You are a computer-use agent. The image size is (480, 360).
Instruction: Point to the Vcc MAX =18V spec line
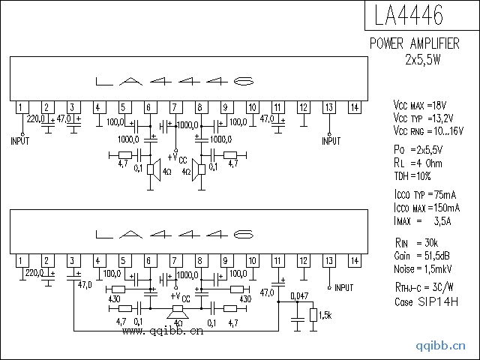point(420,103)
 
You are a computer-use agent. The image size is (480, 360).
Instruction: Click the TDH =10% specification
point(412,175)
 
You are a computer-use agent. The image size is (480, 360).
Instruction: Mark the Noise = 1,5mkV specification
point(423,268)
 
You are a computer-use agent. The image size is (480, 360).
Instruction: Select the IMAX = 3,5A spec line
point(421,220)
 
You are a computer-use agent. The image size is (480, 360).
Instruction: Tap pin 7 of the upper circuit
point(174,107)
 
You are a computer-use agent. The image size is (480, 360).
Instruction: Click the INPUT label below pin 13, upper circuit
point(331,141)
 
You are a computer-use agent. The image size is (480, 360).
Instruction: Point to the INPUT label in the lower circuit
point(343,287)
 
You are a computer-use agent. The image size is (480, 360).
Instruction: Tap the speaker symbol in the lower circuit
point(178,310)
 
